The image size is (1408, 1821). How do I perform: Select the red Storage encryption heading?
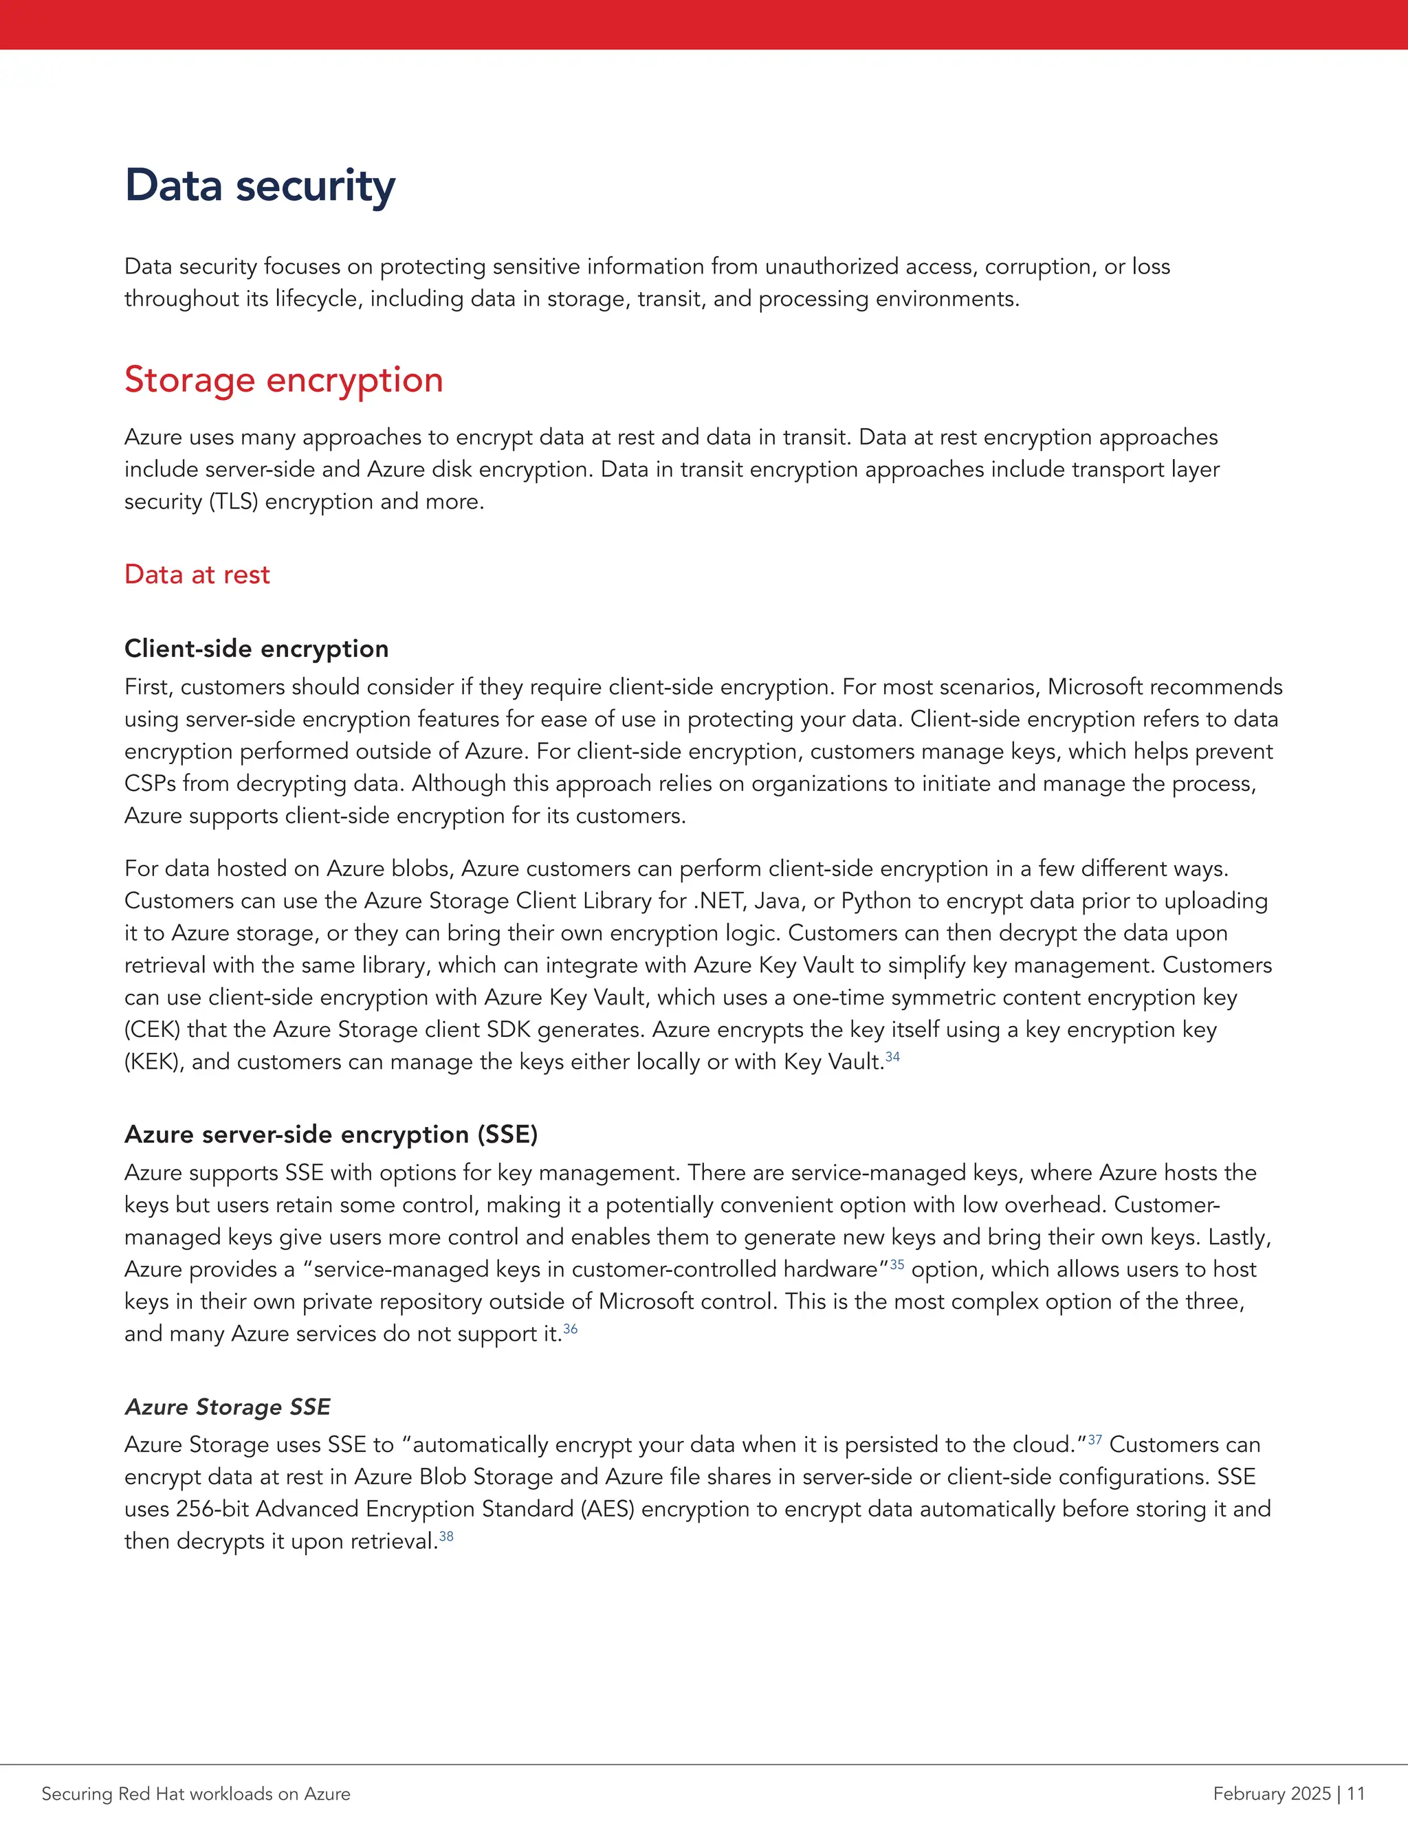pos(284,380)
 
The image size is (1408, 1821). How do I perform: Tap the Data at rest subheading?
pos(197,574)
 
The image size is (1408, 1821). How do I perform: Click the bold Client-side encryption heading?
pos(256,649)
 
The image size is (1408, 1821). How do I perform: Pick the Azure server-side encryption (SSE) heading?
pos(331,1134)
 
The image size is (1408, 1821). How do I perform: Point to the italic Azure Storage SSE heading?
pos(227,1407)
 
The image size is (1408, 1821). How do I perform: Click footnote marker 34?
pos(892,1058)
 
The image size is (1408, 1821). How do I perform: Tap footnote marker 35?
pos(896,1264)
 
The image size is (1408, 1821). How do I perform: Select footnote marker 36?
pos(571,1328)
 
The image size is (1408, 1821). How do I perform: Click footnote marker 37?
pos(1094,1439)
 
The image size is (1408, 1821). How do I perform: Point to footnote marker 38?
pos(446,1536)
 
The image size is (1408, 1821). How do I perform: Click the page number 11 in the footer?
pos(1356,1794)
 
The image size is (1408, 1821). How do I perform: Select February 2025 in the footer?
pos(1271,1794)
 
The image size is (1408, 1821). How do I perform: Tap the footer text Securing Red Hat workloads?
pos(196,1794)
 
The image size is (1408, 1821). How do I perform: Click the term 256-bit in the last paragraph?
pos(212,1509)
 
